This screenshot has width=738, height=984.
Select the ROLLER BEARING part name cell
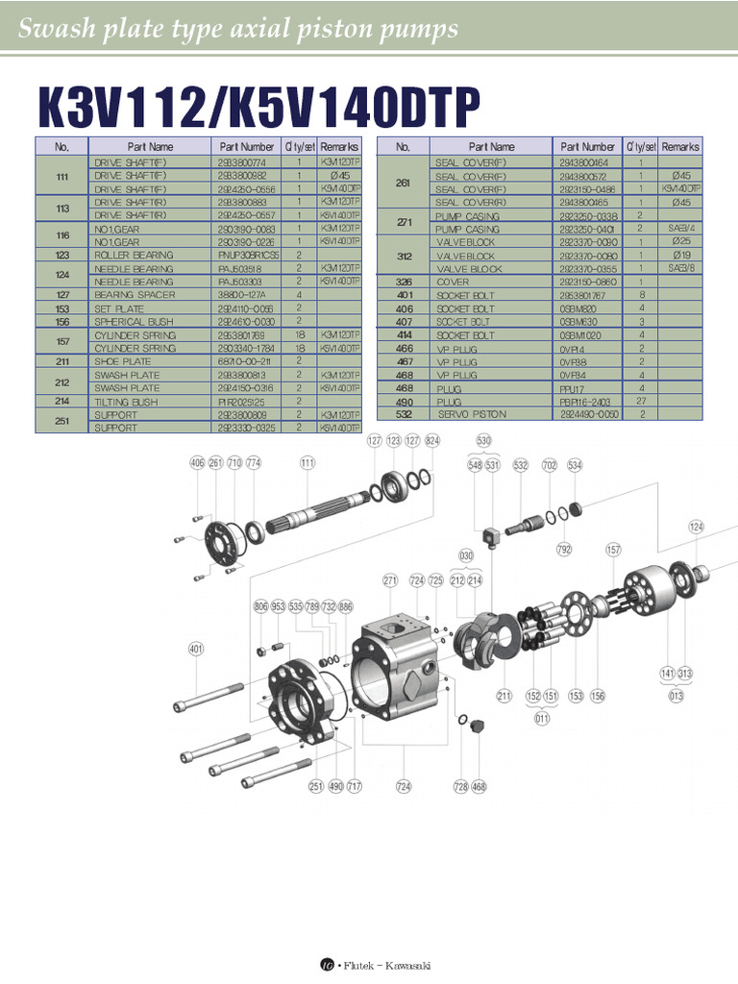pyautogui.click(x=134, y=255)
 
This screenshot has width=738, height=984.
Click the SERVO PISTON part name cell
pyautogui.click(x=474, y=413)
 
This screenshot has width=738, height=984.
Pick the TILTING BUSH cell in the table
pyautogui.click(x=126, y=401)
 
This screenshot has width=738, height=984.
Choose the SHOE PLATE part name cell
pyautogui.click(x=123, y=361)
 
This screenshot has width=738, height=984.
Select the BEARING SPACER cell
pyautogui.click(x=135, y=295)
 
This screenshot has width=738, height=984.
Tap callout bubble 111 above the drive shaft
pyautogui.click(x=307, y=463)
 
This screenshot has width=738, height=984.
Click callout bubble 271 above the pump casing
pyautogui.click(x=390, y=580)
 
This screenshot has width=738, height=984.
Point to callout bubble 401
pyautogui.click(x=196, y=650)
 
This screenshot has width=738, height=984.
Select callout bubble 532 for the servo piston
pyautogui.click(x=521, y=465)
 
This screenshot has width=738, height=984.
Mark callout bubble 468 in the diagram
pyautogui.click(x=479, y=786)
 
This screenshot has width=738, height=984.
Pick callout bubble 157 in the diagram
pyautogui.click(x=613, y=550)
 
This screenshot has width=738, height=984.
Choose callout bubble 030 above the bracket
pyautogui.click(x=466, y=555)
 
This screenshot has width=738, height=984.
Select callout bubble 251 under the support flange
pyautogui.click(x=315, y=786)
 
